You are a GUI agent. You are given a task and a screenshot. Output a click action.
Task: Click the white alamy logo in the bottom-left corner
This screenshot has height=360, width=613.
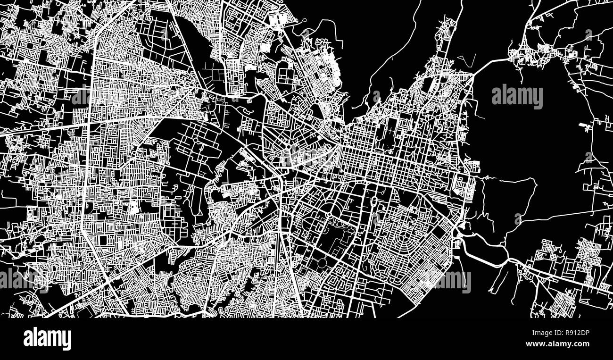point(47,338)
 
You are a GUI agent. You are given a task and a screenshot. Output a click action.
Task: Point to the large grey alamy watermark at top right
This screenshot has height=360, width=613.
point(517,96)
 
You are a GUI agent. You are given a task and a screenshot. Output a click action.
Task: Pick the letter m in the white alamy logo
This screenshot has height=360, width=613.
point(53,339)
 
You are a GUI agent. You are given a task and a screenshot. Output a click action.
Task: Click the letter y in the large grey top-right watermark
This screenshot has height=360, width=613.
point(538,99)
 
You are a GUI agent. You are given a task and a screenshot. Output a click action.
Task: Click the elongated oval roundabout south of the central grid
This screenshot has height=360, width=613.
point(374,201)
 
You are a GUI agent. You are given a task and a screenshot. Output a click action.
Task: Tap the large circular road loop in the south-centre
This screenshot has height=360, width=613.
point(323,262)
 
